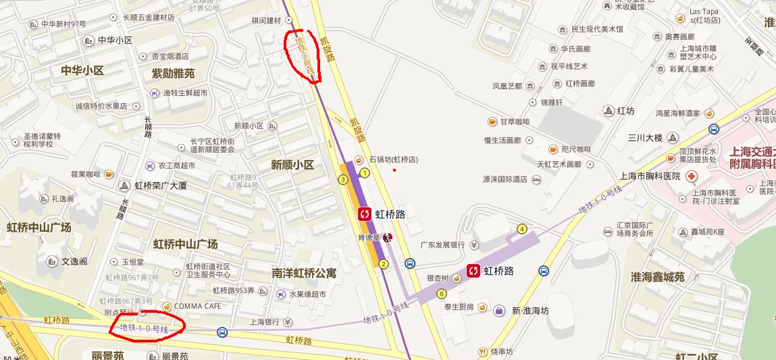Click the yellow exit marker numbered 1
click(x=365, y=173)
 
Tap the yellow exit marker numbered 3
click(x=343, y=179)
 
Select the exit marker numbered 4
click(x=522, y=228)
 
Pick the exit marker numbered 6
click(x=442, y=293)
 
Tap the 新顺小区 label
click(x=292, y=165)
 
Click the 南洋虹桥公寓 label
click(x=304, y=274)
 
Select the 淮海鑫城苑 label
click(x=657, y=277)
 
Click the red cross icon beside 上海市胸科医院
click(x=691, y=176)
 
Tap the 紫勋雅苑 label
click(x=173, y=73)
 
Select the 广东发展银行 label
click(x=444, y=245)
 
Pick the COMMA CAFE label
click(x=197, y=306)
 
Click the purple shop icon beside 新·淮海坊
click(x=499, y=311)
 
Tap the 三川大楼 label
click(x=645, y=138)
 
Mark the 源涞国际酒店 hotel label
click(x=504, y=180)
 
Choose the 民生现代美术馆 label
click(x=597, y=30)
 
